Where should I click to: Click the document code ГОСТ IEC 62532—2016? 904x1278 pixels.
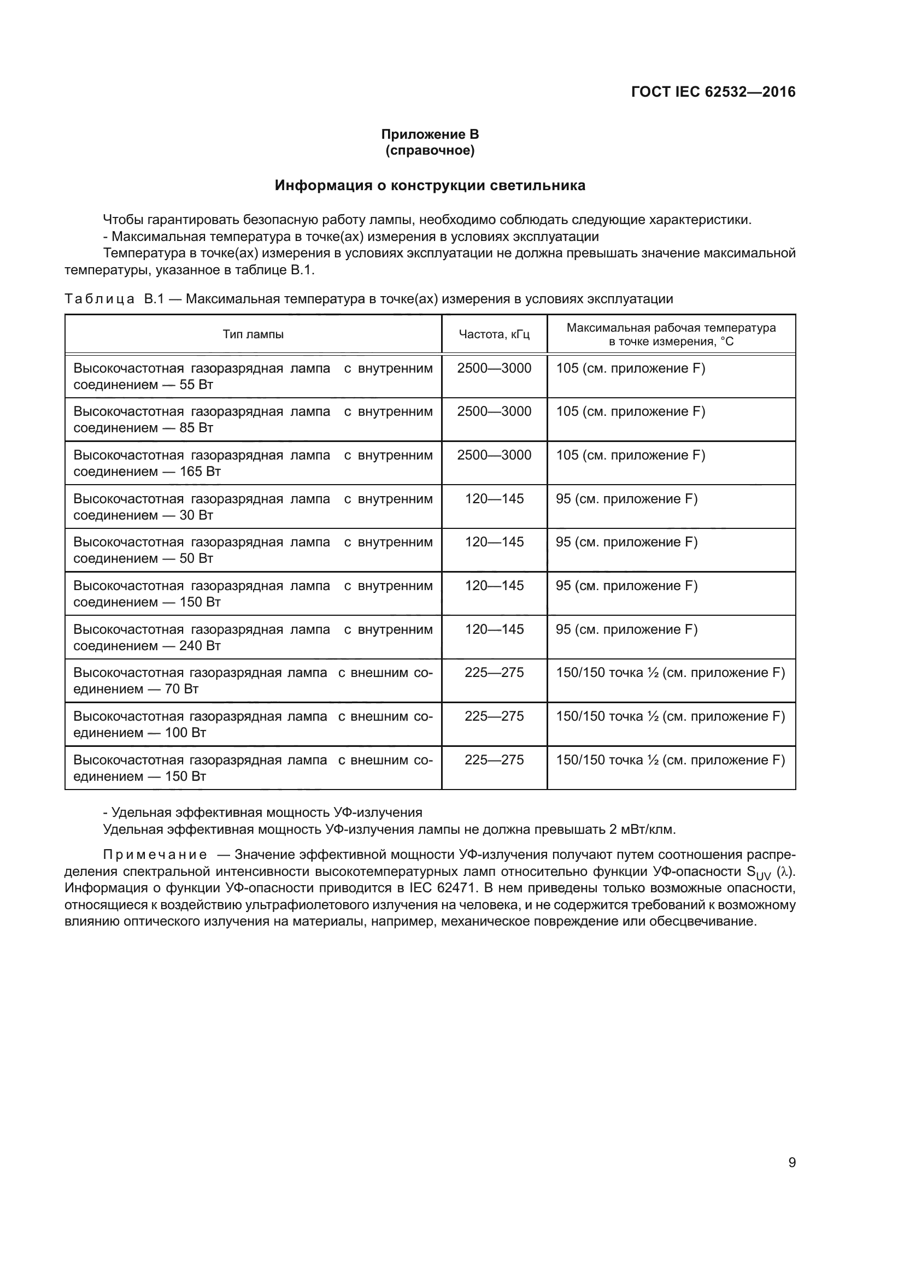[x=713, y=92]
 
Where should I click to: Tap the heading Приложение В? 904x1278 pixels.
[x=430, y=134]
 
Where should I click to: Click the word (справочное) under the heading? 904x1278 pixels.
[x=430, y=150]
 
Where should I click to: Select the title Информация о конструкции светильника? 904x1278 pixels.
[x=430, y=185]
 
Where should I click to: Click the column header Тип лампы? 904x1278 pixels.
[x=253, y=334]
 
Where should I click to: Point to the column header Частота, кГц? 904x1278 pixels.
[x=494, y=334]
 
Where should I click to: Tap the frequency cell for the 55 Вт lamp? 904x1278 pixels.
[x=494, y=368]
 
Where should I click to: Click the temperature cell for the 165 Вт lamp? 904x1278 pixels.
[x=630, y=455]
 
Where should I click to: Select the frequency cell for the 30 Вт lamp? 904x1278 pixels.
[x=494, y=499]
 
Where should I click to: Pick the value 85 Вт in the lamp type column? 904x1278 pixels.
[x=196, y=428]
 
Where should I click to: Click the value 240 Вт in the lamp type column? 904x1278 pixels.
[x=200, y=646]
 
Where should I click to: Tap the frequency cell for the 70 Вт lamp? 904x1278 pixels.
[x=494, y=673]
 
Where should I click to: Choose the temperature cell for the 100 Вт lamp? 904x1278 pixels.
[x=670, y=716]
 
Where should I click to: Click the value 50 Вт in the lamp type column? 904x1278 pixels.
[x=196, y=558]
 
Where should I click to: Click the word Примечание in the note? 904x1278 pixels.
[x=155, y=855]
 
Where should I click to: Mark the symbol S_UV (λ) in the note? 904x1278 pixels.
[x=771, y=872]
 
